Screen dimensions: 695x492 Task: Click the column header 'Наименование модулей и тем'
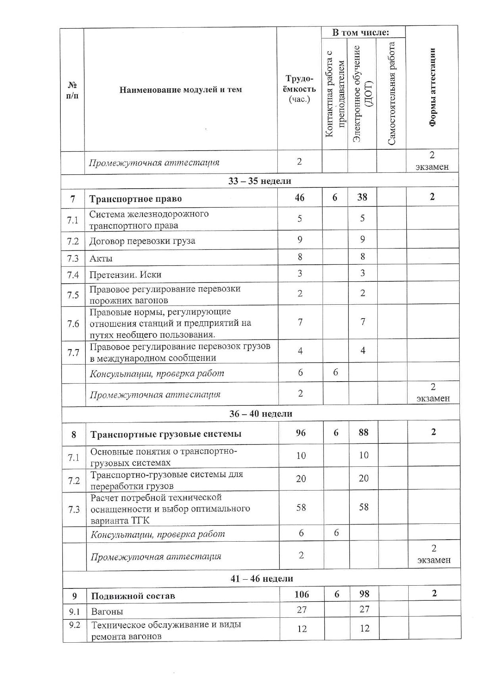tap(181, 90)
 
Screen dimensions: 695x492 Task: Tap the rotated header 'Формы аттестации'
tap(432, 87)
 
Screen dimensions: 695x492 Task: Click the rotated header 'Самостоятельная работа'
tap(392, 94)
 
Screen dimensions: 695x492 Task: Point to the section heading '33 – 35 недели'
tap(260, 181)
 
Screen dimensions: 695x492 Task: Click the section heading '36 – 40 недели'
tap(261, 414)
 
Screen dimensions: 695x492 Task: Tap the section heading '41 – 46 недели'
tap(262, 579)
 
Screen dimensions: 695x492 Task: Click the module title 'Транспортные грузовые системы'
tap(166, 434)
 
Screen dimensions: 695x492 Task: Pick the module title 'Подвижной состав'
tap(133, 596)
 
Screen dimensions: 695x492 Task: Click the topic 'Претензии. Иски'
tap(125, 274)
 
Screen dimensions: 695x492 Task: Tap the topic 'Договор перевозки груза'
tap(142, 241)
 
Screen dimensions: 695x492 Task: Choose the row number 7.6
tap(73, 324)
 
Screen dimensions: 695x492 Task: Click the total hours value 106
tap(302, 594)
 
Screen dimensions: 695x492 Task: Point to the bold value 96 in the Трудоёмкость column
tap(301, 433)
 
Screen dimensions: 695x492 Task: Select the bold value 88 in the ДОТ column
tap(363, 432)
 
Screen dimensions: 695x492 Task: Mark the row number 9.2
tap(75, 625)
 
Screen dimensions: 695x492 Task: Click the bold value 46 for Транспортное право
tap(300, 197)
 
